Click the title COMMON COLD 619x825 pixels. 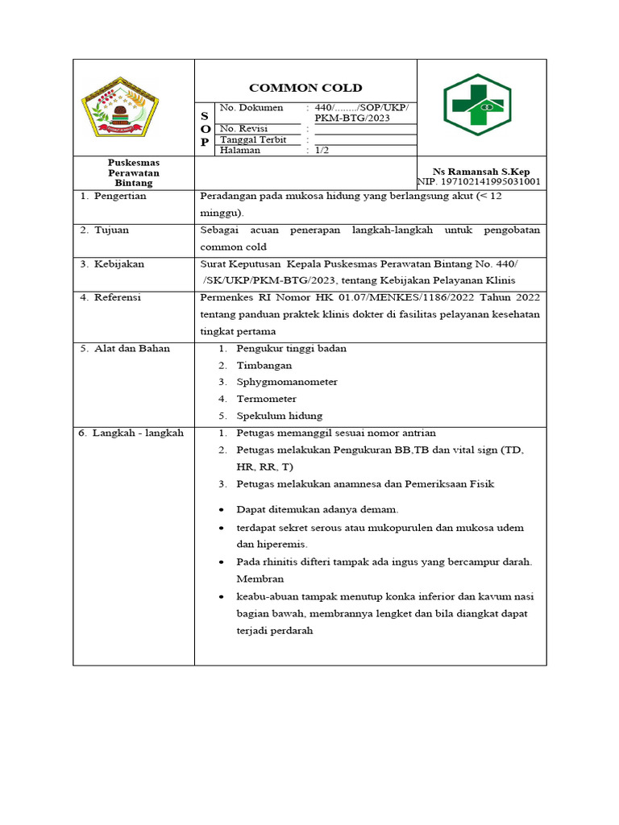[x=305, y=88]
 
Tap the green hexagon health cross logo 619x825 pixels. [x=477, y=106]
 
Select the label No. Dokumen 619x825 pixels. [x=251, y=108]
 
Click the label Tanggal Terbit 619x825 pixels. [x=253, y=139]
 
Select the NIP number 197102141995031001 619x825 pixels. [x=479, y=183]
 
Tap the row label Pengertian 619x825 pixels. [x=119, y=197]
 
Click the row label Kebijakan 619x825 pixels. [x=118, y=264]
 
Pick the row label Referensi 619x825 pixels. [x=118, y=298]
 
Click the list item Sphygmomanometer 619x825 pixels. [x=287, y=382]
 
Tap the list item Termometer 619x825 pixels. [x=266, y=399]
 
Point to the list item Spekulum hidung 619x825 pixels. [x=279, y=416]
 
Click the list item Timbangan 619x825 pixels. [x=264, y=365]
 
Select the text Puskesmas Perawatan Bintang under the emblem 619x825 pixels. [x=134, y=172]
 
